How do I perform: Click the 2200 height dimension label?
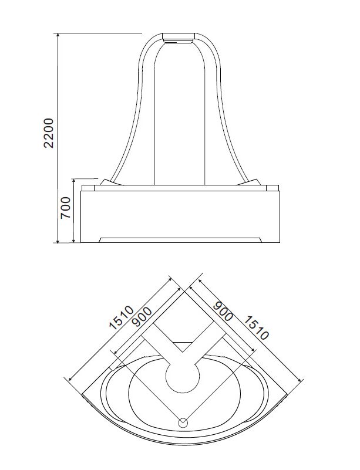(48, 133)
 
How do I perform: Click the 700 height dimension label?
(65, 208)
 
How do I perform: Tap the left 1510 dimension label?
(121, 317)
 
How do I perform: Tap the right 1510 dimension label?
(255, 328)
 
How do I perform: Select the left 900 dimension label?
(142, 317)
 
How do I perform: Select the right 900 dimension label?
(223, 312)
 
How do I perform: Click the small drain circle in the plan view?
(183, 423)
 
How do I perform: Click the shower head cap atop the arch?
(179, 38)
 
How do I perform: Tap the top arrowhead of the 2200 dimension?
(58, 35)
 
